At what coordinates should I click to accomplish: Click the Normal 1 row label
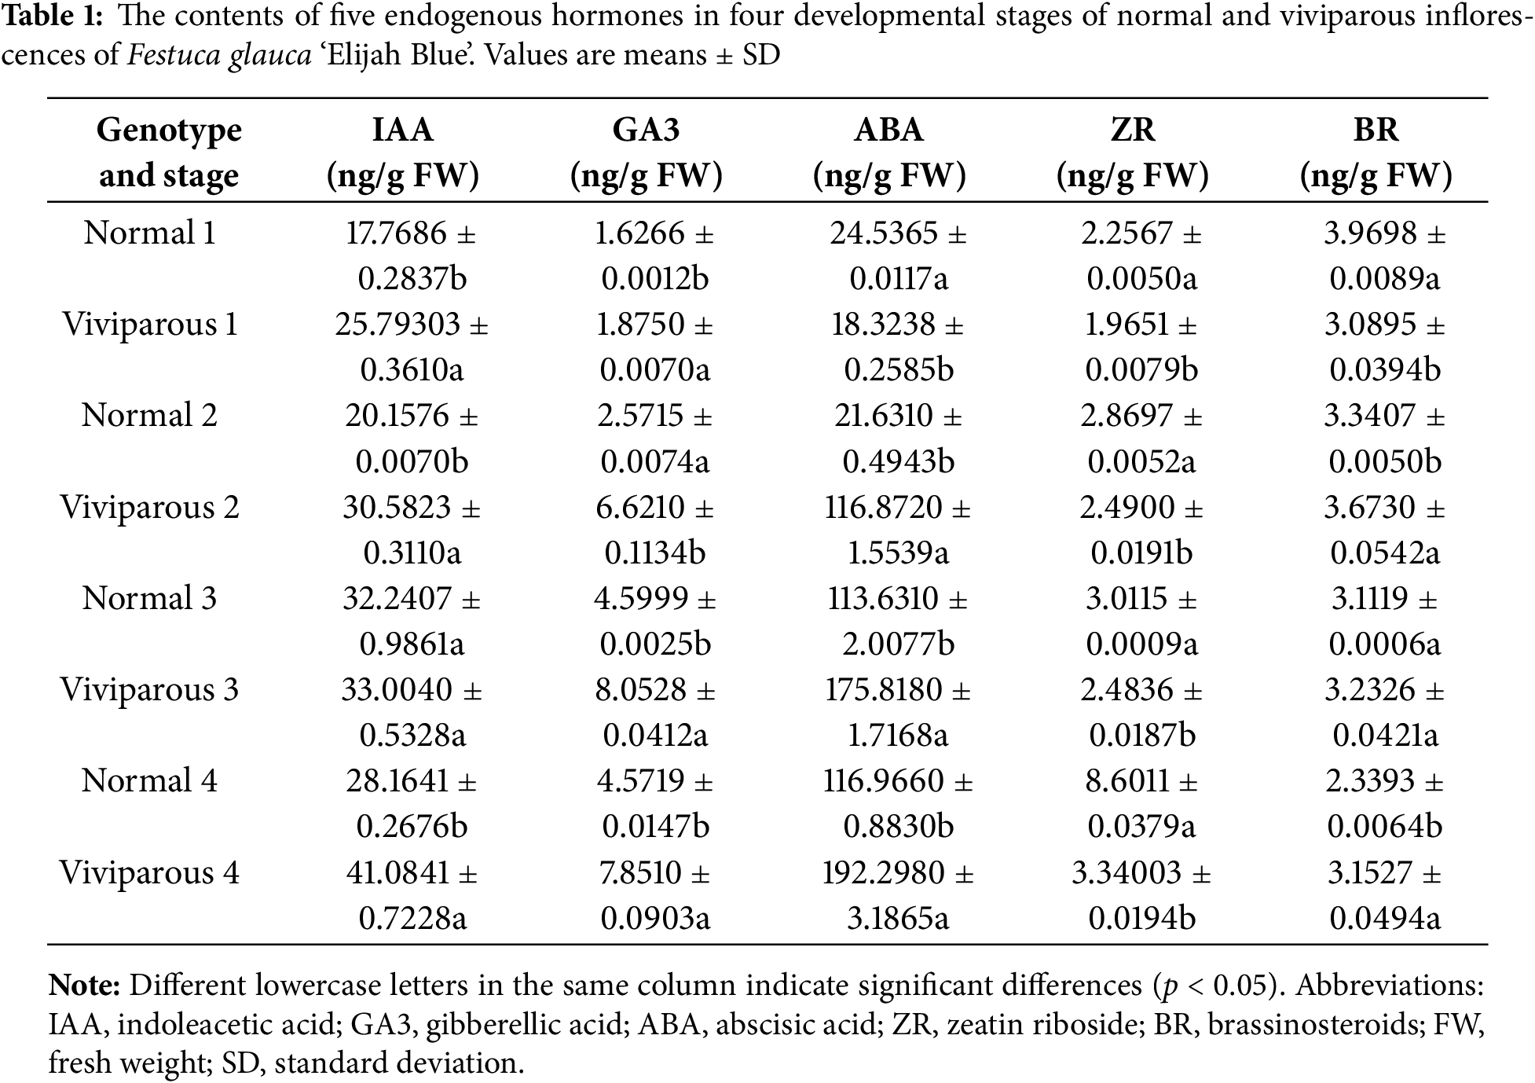click(149, 233)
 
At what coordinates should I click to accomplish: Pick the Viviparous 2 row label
click(149, 507)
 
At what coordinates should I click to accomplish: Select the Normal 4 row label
click(149, 780)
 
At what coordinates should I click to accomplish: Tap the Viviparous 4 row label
click(149, 872)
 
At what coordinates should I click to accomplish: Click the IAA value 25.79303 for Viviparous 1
click(397, 324)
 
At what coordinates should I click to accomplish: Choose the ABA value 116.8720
click(883, 507)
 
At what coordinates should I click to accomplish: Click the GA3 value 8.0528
click(641, 689)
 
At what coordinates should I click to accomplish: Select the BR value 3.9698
click(1370, 233)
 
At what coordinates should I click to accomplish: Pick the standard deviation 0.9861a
click(412, 644)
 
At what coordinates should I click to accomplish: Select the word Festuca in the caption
click(174, 55)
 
